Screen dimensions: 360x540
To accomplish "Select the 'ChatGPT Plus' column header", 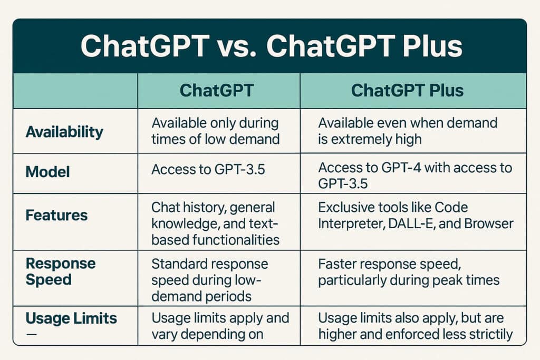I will tap(407, 90).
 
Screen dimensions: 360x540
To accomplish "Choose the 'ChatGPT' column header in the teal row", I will tap(217, 90).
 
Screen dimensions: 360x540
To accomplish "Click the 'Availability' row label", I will tap(64, 131).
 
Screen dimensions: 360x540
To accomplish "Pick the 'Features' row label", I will tap(56, 215).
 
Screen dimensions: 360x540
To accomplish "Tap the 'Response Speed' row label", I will tap(61, 271).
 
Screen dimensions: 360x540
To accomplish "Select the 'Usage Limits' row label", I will tap(71, 318).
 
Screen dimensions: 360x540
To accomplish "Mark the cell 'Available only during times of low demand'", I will tap(215, 131).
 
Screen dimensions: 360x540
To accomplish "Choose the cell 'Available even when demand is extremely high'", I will tap(408, 131).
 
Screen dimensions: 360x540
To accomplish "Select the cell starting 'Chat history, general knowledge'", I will tap(215, 223).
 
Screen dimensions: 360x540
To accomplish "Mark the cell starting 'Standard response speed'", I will tap(210, 279).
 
